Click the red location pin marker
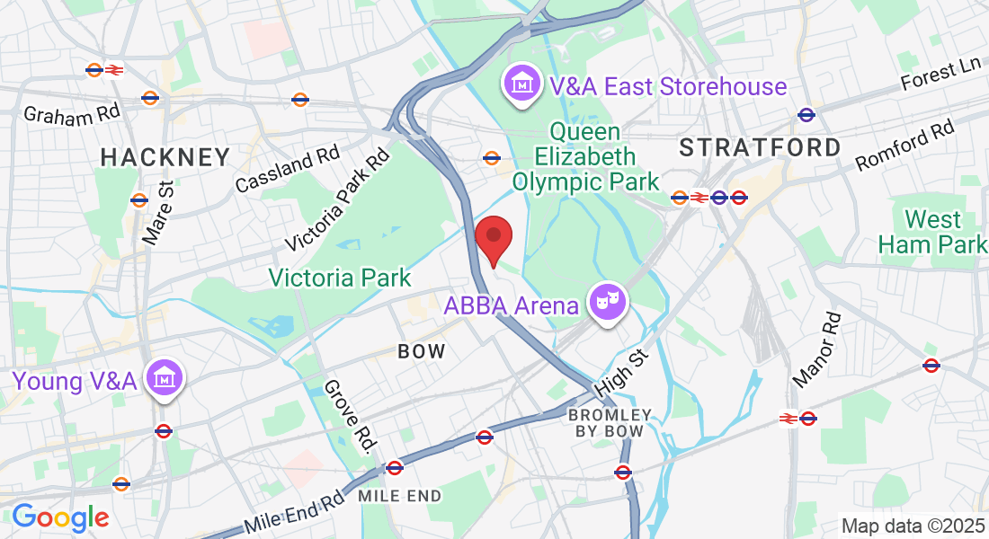[x=494, y=238]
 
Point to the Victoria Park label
[x=341, y=278]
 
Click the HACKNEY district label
[x=165, y=157]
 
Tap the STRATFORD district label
[x=761, y=147]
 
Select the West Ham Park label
[x=932, y=232]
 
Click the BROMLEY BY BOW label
[x=610, y=423]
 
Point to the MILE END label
[x=400, y=496]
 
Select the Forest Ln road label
[x=941, y=77]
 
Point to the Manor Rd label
[x=817, y=350]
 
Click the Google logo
[x=60, y=518]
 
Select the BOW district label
[x=423, y=351]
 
